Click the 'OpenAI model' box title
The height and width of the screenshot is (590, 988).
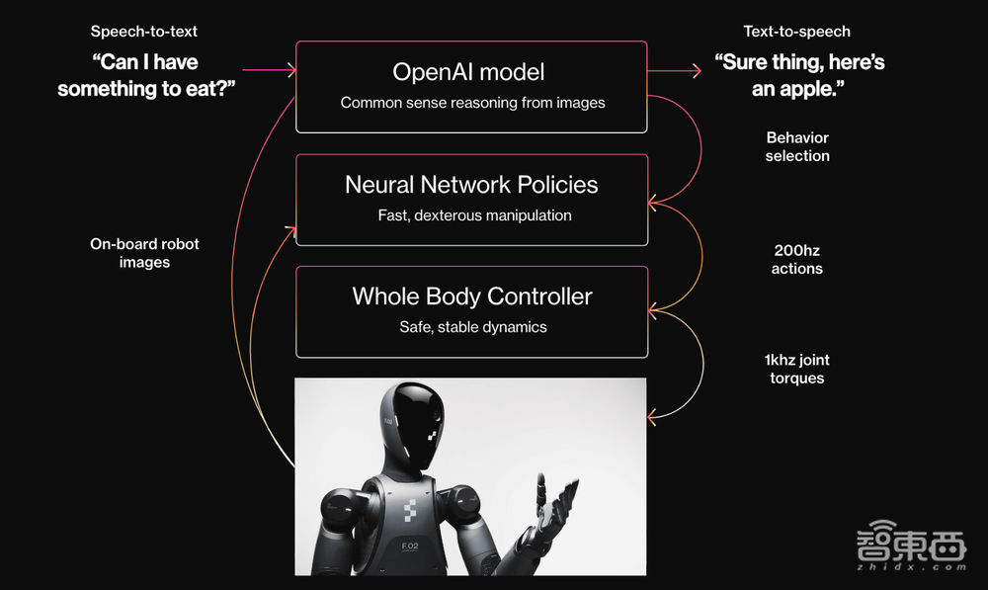click(x=468, y=72)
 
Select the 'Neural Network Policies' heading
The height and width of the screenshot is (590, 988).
click(x=471, y=185)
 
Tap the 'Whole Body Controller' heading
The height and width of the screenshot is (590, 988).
click(x=472, y=296)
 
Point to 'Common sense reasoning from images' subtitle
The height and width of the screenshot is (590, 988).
click(x=472, y=103)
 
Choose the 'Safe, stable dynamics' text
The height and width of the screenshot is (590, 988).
click(x=472, y=327)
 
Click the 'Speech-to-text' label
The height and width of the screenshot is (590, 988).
click(x=144, y=32)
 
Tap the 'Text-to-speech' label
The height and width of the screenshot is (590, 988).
click(x=796, y=32)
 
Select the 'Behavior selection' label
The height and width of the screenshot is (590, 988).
click(x=797, y=146)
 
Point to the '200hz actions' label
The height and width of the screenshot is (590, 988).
click(x=796, y=259)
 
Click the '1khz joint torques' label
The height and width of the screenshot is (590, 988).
click(x=796, y=369)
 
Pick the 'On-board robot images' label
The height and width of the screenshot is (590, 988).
click(x=144, y=253)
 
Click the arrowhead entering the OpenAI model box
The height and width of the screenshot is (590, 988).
click(x=290, y=70)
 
